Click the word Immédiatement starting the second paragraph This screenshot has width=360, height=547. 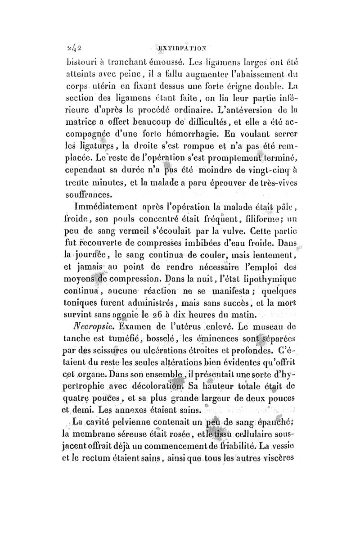click(x=106, y=208)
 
